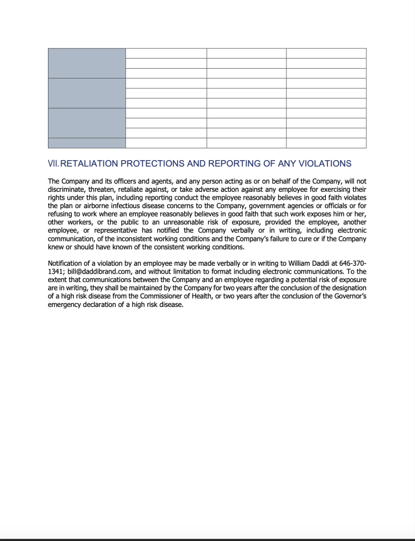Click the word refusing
tap(60, 214)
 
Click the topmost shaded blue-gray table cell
tap(87, 63)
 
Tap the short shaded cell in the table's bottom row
tap(87, 143)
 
